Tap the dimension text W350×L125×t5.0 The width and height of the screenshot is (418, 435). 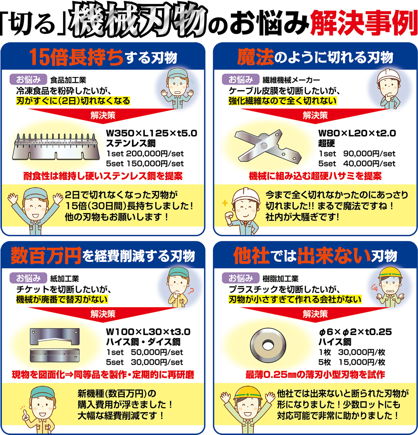(x=151, y=134)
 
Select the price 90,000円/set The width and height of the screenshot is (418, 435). (x=369, y=154)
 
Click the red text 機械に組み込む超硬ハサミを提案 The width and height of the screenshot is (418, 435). (x=315, y=176)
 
